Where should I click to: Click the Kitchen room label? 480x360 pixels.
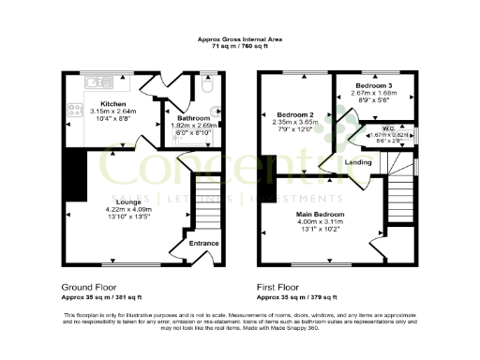pos(113,104)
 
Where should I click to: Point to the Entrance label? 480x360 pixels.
pos(203,243)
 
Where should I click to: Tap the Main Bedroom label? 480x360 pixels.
pos(322,216)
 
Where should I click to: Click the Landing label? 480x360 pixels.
pos(357,162)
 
